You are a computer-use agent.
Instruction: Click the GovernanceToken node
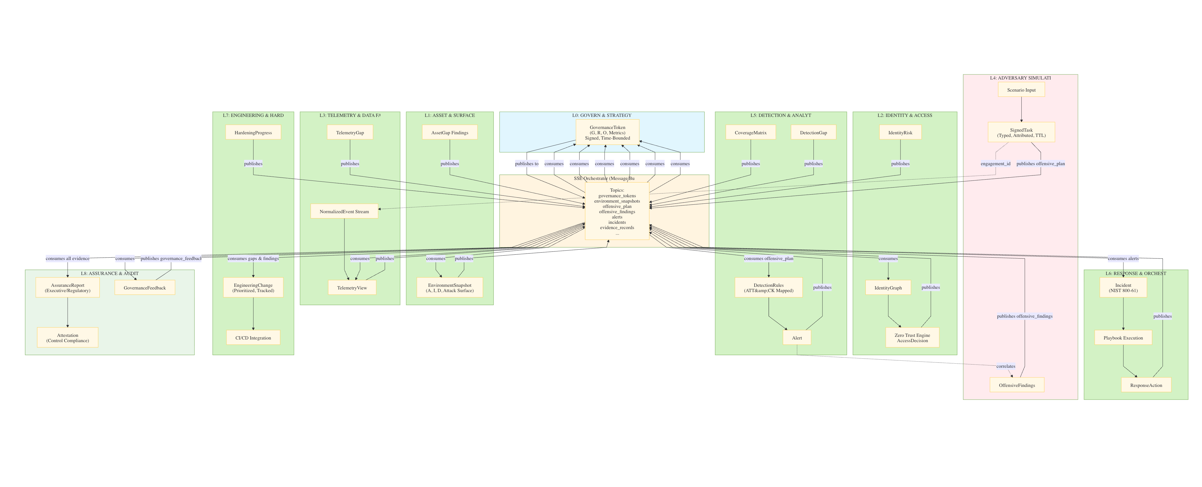click(607, 132)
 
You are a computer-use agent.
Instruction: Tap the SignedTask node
click(1021, 132)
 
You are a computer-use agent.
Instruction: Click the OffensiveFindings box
click(1016, 385)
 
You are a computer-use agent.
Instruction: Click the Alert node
click(797, 338)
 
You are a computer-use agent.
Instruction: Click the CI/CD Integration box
click(253, 338)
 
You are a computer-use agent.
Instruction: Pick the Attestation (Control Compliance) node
click(68, 338)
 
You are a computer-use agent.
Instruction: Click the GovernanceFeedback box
click(145, 288)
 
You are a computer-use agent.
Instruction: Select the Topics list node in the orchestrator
click(617, 211)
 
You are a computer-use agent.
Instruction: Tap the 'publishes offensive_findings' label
click(1024, 316)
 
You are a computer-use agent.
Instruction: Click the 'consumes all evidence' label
click(68, 258)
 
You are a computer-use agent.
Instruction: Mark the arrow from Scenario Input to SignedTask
click(1021, 110)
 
